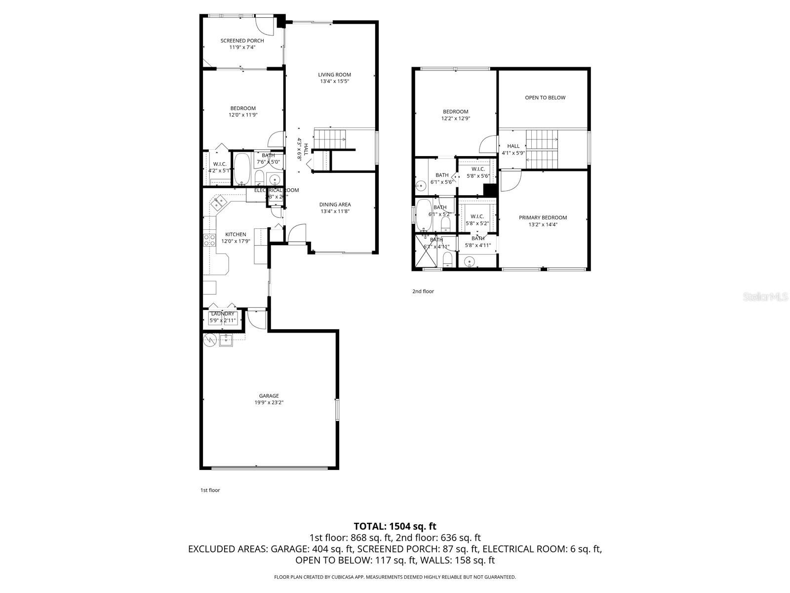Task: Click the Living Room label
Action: [334, 75]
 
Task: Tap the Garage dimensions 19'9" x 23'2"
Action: [269, 402]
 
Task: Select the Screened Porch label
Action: [242, 41]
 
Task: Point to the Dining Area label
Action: [335, 204]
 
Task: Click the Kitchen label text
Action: [236, 234]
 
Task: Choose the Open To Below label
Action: [545, 97]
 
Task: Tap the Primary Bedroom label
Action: [543, 217]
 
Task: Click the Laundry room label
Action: [223, 313]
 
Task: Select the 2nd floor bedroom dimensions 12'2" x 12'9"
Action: [455, 119]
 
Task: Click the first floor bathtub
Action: [242, 169]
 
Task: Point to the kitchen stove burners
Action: [209, 240]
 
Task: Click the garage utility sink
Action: [227, 339]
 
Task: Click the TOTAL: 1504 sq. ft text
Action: [395, 526]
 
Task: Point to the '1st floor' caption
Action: [210, 490]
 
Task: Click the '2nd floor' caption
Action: [423, 291]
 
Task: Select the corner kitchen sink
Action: [218, 203]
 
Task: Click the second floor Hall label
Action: [513, 146]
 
